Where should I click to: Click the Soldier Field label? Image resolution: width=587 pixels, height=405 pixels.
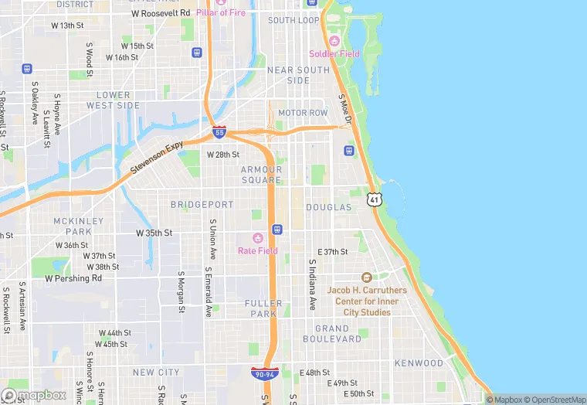[334, 53]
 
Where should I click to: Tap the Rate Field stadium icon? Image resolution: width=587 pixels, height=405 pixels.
[258, 237]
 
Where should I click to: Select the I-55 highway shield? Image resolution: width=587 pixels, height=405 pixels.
[219, 133]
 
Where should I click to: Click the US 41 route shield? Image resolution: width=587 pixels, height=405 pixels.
[375, 199]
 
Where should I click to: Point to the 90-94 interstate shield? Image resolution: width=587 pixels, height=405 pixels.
[263, 374]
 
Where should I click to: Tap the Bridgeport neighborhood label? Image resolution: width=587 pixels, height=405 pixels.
[202, 205]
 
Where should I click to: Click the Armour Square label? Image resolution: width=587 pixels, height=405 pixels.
[261, 175]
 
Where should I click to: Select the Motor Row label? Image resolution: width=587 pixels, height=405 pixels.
[303, 113]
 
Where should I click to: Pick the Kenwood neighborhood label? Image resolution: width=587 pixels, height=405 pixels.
[419, 363]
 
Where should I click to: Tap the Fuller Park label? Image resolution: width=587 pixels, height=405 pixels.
[265, 308]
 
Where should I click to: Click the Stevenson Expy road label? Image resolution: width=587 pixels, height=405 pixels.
[156, 158]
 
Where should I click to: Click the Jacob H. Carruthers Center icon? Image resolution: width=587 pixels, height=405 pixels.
[367, 277]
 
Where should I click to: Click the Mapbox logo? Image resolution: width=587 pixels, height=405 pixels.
[34, 395]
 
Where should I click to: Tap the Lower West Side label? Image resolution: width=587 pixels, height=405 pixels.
[113, 100]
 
